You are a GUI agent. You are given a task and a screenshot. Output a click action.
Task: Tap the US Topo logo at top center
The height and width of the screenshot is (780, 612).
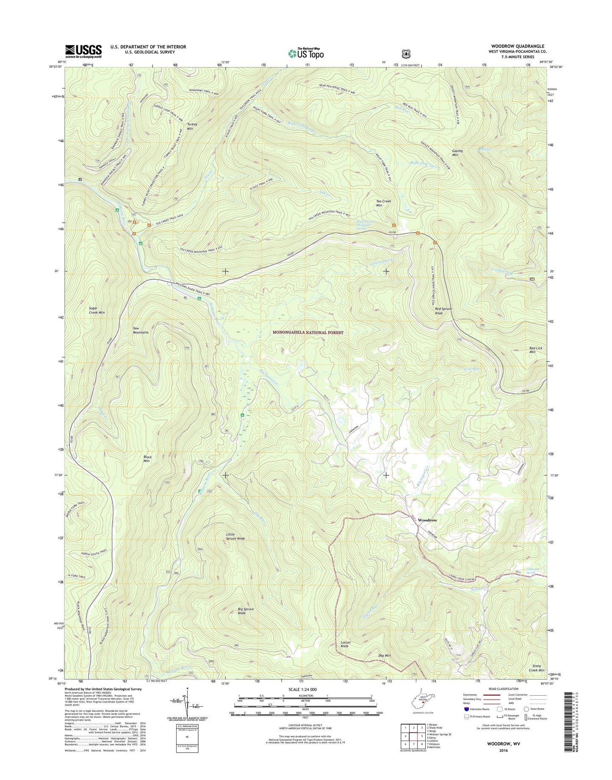(306, 53)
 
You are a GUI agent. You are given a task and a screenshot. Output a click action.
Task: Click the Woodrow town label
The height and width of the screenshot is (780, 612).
(427, 520)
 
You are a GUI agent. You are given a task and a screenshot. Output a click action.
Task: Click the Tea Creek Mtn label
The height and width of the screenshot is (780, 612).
(384, 203)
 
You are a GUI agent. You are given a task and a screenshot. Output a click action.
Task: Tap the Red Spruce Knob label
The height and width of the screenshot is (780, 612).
(443, 311)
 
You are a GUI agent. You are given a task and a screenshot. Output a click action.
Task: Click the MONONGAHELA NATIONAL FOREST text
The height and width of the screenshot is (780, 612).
(307, 333)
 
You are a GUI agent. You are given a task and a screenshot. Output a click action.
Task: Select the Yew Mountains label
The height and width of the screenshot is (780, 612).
(140, 330)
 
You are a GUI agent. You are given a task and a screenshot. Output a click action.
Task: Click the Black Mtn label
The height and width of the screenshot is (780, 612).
(147, 459)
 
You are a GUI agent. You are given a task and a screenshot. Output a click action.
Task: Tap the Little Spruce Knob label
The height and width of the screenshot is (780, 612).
(235, 536)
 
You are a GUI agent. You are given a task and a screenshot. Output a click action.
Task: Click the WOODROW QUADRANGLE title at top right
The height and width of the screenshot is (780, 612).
(518, 46)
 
